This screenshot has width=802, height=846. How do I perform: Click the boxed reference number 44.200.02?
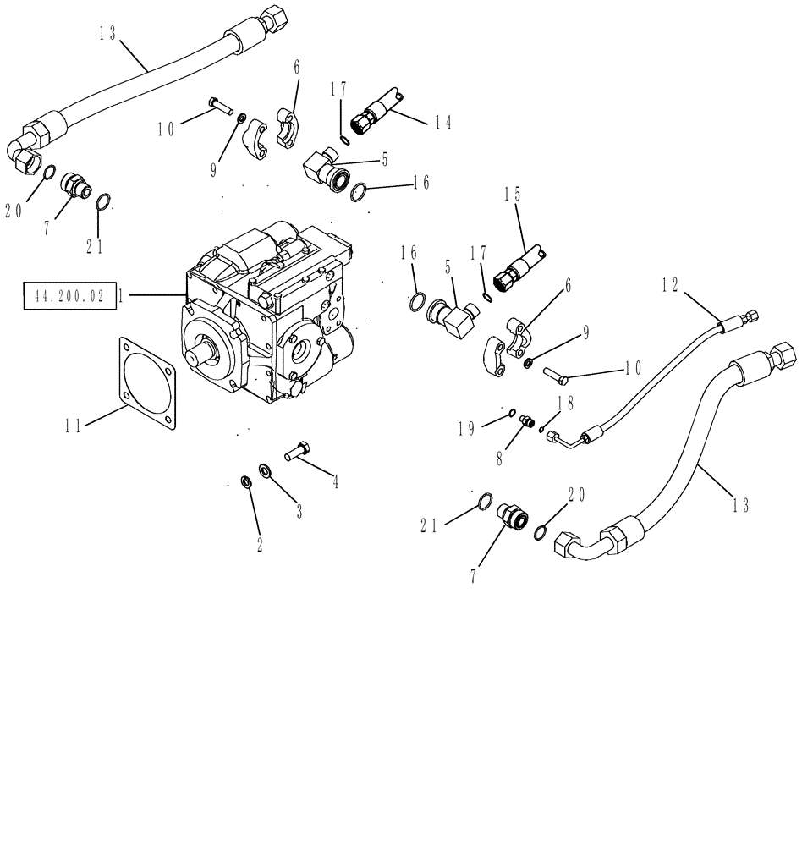69,297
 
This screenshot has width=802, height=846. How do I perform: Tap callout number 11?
74,426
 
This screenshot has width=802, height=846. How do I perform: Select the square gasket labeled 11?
149,381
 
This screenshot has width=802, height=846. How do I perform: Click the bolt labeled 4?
299,452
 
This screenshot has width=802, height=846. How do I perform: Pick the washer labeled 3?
266,470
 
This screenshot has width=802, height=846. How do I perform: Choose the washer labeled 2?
246,482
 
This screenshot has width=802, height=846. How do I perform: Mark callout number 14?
443,123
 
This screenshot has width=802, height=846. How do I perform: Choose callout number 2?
259,546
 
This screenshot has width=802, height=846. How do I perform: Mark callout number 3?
298,511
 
